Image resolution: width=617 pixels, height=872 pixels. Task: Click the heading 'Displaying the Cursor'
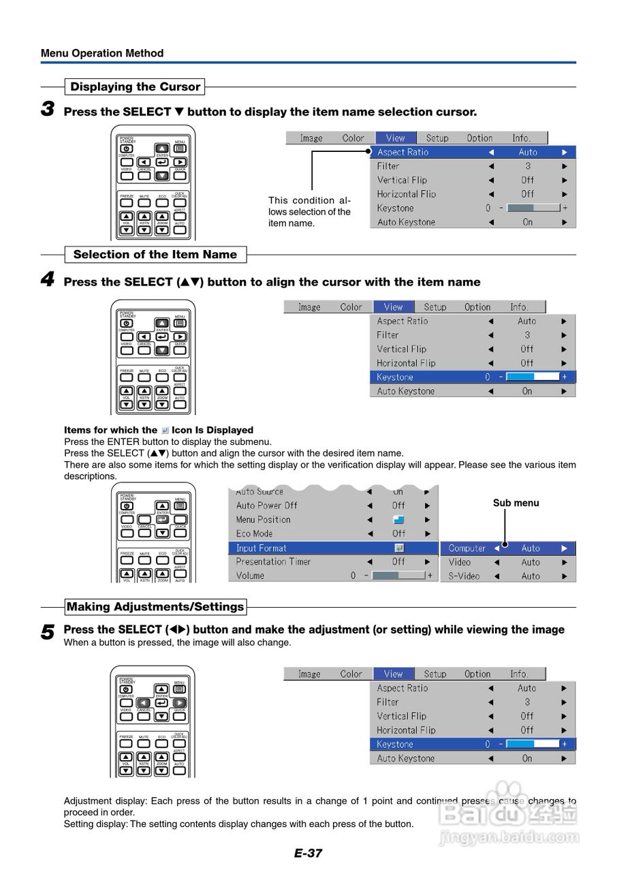point(135,87)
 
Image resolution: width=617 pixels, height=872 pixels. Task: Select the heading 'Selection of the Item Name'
point(155,255)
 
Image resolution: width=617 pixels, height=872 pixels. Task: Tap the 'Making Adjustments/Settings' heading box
point(155,606)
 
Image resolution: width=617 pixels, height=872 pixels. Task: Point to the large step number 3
point(48,109)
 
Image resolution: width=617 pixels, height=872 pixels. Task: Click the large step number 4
point(48,279)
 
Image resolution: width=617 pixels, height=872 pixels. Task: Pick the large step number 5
point(48,632)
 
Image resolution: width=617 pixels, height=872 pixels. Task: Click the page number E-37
point(308,853)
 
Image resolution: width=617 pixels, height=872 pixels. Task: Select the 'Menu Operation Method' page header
point(102,53)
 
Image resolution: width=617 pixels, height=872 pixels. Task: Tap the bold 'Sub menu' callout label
point(516,503)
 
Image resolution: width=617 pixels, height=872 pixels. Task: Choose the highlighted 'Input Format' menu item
point(262,548)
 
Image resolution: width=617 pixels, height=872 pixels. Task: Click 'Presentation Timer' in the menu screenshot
point(273,561)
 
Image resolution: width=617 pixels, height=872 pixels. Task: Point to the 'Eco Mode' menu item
point(254,533)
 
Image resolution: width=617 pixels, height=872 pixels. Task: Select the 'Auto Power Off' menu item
point(266,505)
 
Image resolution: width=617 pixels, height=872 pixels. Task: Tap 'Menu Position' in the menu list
point(263,519)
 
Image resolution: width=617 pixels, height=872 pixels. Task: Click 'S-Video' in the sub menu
point(464,576)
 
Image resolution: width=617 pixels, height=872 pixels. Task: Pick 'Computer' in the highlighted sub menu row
point(467,548)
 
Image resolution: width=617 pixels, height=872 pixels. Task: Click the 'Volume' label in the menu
point(250,576)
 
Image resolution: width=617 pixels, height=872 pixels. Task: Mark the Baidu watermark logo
point(507,813)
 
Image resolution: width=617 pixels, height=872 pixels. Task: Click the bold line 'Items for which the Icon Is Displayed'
point(158,430)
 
